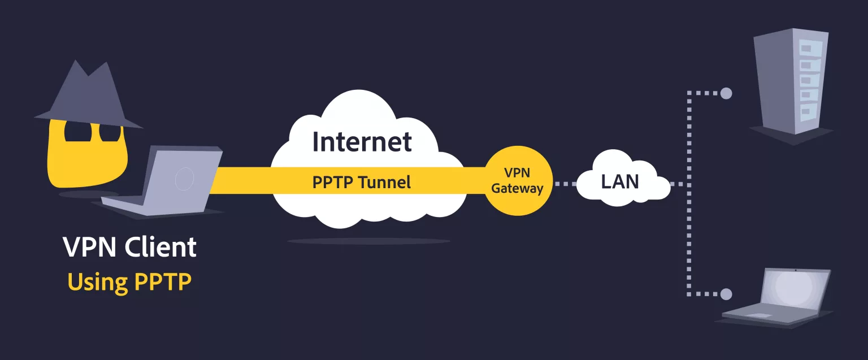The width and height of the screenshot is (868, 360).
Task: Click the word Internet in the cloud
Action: coord(362,141)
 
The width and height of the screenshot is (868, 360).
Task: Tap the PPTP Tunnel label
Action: coord(362,183)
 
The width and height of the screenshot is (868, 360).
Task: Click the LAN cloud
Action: coord(620,181)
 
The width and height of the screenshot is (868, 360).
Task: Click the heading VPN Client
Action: coord(129,248)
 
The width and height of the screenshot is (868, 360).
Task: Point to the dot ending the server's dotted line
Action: coord(726,93)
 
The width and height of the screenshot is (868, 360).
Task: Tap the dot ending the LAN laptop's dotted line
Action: coord(726,294)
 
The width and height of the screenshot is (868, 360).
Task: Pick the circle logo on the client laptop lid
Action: coord(184,179)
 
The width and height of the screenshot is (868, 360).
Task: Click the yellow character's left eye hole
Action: coord(75,132)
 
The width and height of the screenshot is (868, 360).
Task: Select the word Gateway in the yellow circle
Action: coord(517,189)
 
